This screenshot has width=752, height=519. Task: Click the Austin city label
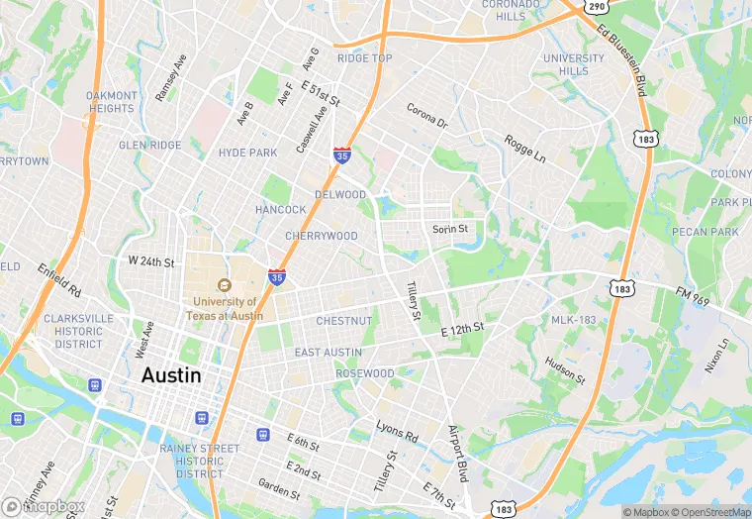coord(171,375)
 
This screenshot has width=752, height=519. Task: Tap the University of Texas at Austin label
coord(225,309)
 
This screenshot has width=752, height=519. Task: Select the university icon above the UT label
coord(225,285)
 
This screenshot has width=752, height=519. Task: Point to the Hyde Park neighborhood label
coord(247,153)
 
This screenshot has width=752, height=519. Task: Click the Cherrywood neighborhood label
coord(321,237)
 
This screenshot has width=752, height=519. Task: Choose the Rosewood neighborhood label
coord(364,373)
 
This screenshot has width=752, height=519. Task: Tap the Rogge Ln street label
coord(524,149)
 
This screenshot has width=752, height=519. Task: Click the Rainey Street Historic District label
coord(207,461)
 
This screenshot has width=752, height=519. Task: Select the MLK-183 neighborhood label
coord(574,320)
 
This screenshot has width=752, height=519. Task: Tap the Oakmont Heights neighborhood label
coord(111,102)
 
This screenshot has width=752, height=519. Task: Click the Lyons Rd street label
coord(397,431)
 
